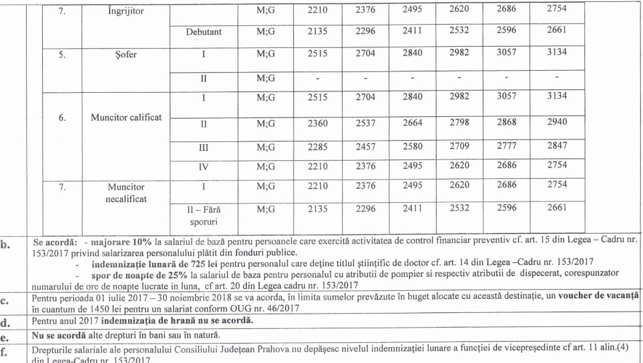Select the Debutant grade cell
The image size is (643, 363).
coord(204,31)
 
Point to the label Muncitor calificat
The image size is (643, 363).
coord(126,117)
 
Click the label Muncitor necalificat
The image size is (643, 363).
coord(126,193)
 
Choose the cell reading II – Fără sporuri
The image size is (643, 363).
coord(204,215)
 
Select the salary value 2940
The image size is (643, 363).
coord(556,123)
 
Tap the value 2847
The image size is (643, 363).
coord(556,145)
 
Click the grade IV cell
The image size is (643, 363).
coord(204,167)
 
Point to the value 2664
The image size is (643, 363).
coord(412,123)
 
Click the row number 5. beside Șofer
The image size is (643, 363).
coord(61,55)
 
